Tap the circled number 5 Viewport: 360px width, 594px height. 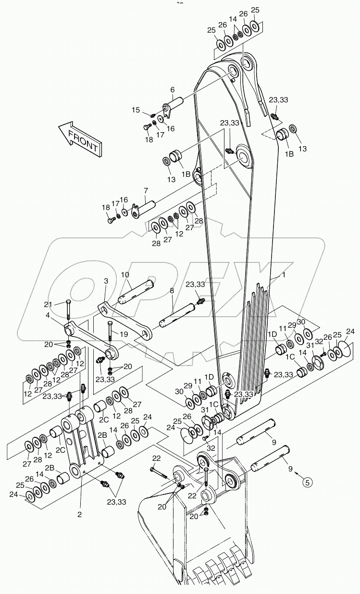308,480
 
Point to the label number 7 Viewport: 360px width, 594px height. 146,191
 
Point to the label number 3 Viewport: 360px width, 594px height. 106,281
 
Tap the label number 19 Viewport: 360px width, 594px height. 124,334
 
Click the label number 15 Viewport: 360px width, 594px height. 136,110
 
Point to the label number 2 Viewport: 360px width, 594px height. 80,514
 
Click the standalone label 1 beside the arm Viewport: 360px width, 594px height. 284,275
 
